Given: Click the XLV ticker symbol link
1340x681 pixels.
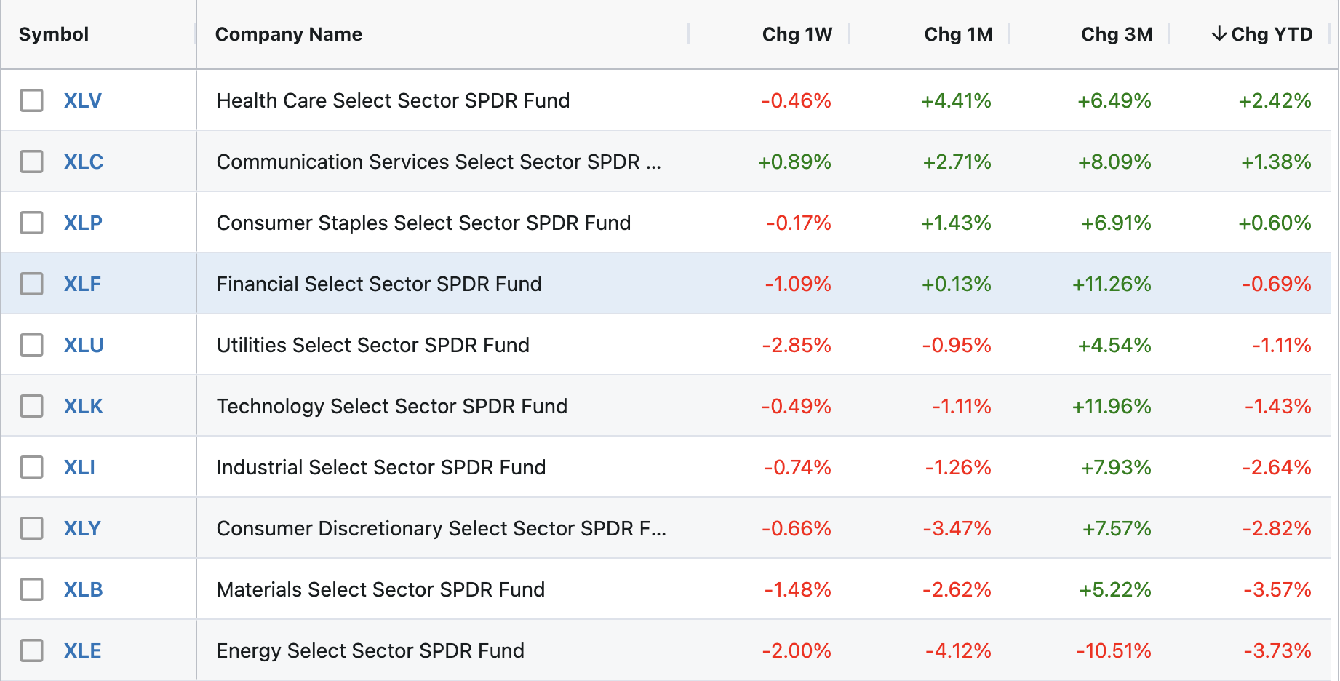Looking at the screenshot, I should (82, 100).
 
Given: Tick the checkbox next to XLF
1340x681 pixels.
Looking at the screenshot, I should (31, 284).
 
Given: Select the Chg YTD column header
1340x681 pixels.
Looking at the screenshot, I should (1271, 34).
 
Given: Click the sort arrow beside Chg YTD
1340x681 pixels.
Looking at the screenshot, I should (1219, 34).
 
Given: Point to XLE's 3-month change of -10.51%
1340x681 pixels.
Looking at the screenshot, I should (1113, 650).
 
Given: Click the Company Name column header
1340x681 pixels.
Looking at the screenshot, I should (289, 34).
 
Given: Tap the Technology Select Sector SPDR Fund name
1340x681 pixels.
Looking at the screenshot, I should (391, 406).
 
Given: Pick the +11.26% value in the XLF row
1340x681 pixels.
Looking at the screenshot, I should (1111, 284).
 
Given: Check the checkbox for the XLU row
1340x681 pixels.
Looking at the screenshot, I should (31, 345).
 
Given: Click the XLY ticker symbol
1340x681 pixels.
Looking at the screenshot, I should (82, 528).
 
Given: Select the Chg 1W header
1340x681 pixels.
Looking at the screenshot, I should (797, 34).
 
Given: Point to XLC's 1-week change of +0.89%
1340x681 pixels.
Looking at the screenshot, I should (794, 162).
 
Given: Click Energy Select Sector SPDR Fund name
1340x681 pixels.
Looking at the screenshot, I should (370, 650).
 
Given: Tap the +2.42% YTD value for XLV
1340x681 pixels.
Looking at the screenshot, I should (1275, 100).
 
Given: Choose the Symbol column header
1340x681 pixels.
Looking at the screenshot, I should (54, 34).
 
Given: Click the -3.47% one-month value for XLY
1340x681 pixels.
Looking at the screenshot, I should (957, 528).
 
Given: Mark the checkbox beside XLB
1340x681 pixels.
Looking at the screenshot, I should (31, 589).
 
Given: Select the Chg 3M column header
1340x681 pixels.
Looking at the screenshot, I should (1117, 34).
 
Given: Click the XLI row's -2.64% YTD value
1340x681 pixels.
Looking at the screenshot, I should (1276, 467).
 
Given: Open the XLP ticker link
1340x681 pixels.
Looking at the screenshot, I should (83, 223).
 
